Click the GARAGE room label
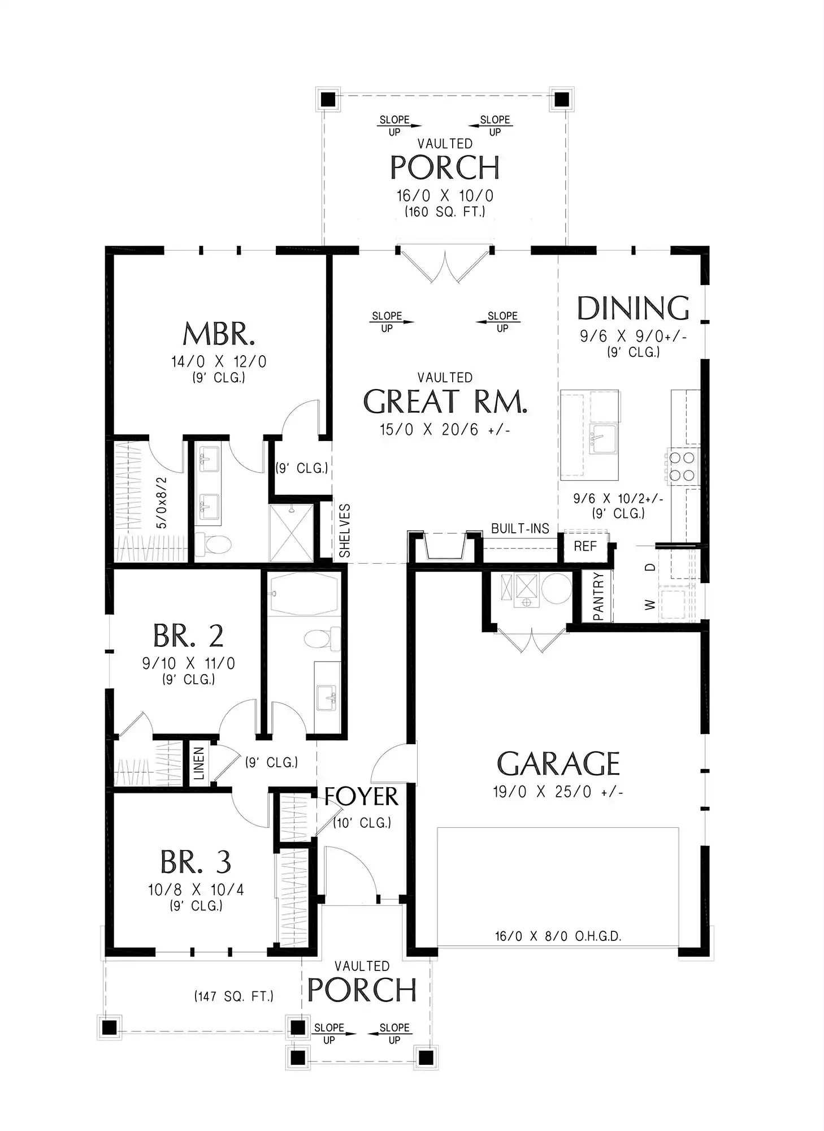[x=558, y=763]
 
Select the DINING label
[x=633, y=308]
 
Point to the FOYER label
[x=361, y=796]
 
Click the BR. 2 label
[x=188, y=636]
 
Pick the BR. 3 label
[x=196, y=862]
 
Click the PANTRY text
[x=599, y=596]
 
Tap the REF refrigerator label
[x=585, y=546]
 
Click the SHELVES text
[x=345, y=530]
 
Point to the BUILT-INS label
[x=520, y=529]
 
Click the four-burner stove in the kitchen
[x=683, y=467]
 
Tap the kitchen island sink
[x=604, y=438]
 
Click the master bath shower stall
[x=291, y=533]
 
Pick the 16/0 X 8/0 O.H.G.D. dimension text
[x=558, y=936]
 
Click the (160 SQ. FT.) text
[x=445, y=212]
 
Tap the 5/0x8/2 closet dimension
[x=162, y=503]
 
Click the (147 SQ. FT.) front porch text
[x=234, y=996]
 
